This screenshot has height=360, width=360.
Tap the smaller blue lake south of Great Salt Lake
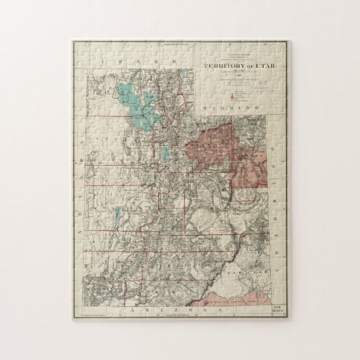click(x=165, y=152)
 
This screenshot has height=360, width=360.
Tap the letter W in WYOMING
click(x=207, y=107)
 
